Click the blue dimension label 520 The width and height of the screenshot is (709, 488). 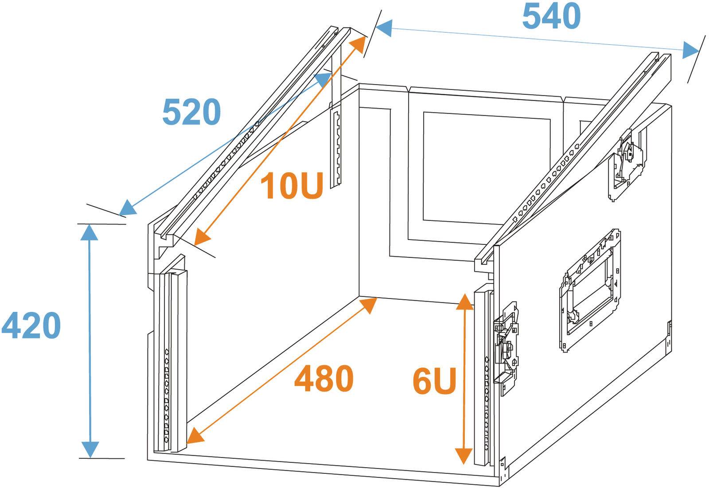point(191,112)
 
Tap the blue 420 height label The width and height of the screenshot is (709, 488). point(31,325)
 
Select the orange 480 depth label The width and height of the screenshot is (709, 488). point(324,378)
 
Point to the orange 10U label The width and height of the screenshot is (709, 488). point(292,186)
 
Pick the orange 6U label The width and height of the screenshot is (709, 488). point(434,381)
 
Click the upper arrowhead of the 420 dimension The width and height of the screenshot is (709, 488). point(89,232)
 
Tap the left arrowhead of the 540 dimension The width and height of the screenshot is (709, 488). point(383,28)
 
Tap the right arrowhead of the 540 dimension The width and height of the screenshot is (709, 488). point(691,50)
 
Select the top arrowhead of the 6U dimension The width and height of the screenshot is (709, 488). point(465,302)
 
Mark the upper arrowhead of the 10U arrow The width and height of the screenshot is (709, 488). point(358,44)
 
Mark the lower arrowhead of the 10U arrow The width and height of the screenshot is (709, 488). point(202,238)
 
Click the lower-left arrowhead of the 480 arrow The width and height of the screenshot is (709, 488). point(195,436)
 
